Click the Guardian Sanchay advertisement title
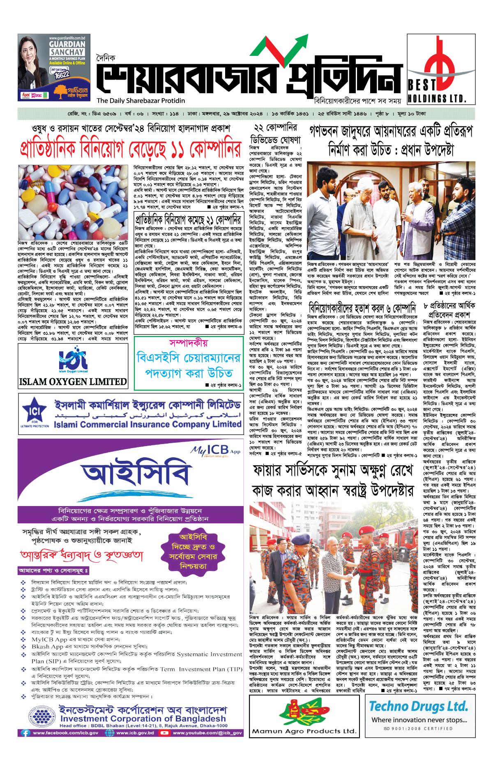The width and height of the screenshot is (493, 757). [x=67, y=48]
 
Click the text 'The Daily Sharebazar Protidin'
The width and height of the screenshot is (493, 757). [x=141, y=101]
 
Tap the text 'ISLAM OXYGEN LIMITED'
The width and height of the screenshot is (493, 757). [x=73, y=382]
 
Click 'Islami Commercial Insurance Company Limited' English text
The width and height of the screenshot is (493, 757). [x=147, y=424]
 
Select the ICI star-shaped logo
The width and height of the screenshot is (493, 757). [x=35, y=412]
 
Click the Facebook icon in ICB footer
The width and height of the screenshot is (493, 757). [x=25, y=732]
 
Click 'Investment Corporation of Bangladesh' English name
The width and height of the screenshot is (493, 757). [x=143, y=719]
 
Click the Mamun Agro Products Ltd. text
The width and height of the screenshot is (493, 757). [x=304, y=731]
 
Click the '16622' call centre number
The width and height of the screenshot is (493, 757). [x=62, y=75]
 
